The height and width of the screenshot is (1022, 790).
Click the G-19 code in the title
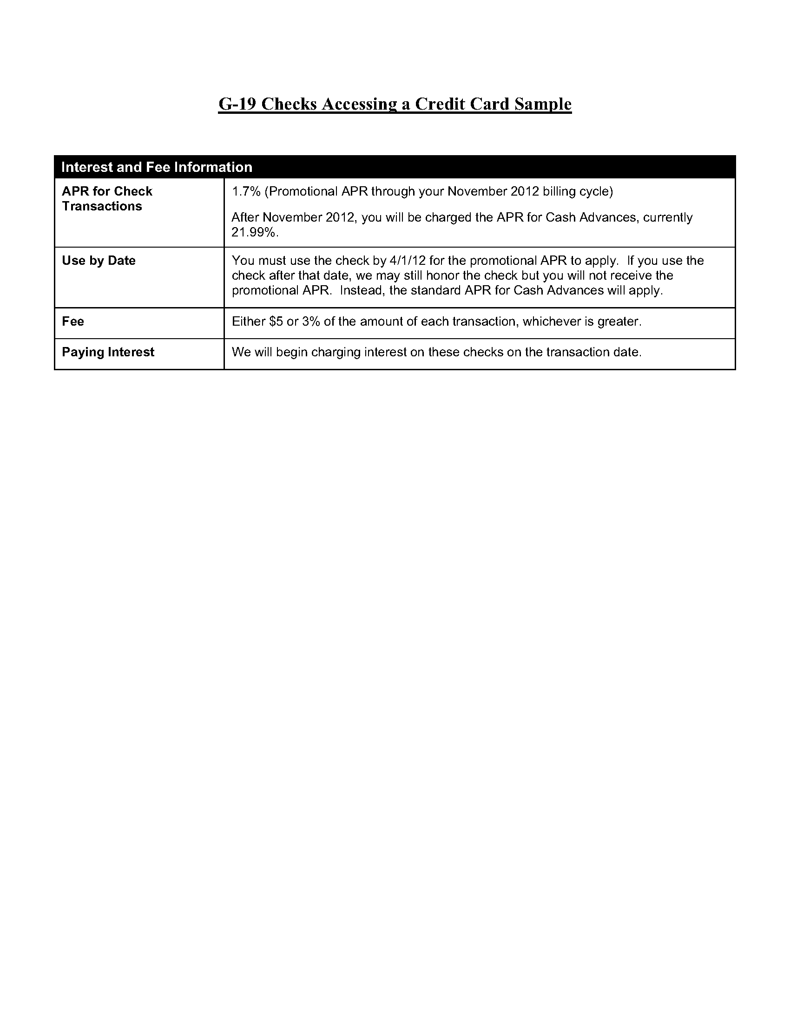tap(237, 104)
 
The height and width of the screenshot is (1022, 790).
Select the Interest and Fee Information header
tap(157, 167)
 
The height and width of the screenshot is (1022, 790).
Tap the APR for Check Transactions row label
tap(107, 198)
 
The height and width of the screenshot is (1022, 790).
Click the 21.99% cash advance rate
tap(255, 232)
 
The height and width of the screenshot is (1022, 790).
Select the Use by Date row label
tap(99, 261)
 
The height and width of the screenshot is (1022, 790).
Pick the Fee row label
tap(73, 321)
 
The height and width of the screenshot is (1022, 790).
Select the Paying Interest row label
tap(108, 352)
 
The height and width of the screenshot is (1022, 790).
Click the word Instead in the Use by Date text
tap(360, 291)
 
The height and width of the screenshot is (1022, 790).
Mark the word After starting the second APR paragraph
tap(245, 217)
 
